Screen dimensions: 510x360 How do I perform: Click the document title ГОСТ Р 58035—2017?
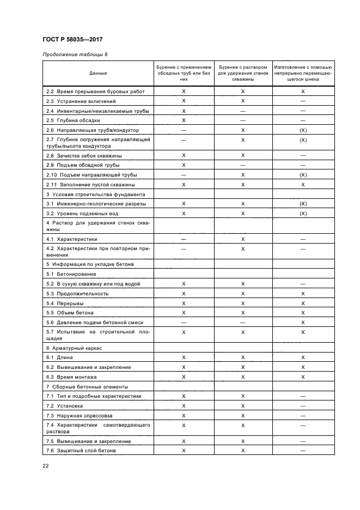point(72,40)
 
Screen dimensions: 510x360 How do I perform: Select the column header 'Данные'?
point(98,73)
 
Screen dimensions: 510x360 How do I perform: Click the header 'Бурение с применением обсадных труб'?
point(184,73)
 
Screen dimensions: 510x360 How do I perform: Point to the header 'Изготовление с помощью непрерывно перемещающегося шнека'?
point(303,73)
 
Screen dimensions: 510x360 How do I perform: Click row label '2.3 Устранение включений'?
point(81,101)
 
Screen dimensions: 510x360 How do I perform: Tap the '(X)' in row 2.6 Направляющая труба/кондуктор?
point(303,130)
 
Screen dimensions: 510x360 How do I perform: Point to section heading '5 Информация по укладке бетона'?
point(89,264)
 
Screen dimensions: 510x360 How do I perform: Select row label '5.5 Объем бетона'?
point(70,313)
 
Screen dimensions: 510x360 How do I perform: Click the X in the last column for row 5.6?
point(303,322)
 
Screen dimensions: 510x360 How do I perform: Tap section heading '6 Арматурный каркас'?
point(75,348)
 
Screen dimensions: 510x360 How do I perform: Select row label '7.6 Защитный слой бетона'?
point(81,451)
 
